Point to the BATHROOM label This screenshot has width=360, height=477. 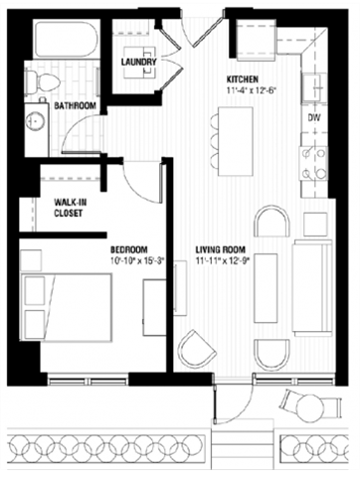click(75, 105)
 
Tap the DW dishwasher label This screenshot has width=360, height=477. click(313, 117)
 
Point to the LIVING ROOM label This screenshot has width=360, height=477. click(222, 249)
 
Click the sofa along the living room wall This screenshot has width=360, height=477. click(313, 288)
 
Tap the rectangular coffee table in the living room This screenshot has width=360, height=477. click(266, 288)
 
